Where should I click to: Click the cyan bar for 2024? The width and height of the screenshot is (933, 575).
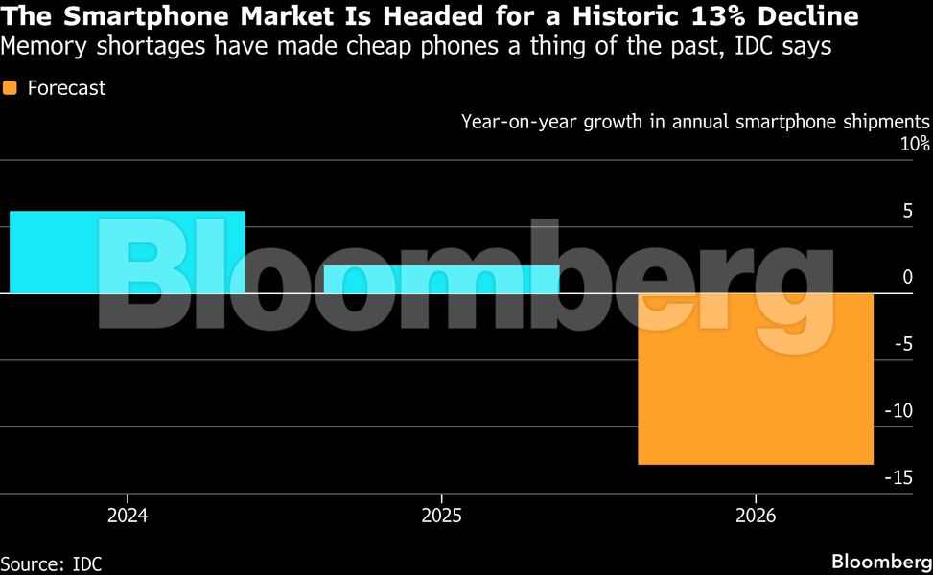point(128,252)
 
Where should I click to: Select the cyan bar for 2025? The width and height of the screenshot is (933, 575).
point(441,279)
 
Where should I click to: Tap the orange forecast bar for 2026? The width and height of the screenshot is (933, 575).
point(756,379)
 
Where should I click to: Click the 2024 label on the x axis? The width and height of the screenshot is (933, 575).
point(128,516)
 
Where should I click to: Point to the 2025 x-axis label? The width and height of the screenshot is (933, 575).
point(441,516)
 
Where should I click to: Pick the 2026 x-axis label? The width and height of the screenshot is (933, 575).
point(756,516)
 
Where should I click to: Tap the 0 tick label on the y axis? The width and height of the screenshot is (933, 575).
point(907,278)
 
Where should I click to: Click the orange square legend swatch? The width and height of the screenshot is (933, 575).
point(11,88)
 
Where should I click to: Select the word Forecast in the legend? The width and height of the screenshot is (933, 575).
point(66,88)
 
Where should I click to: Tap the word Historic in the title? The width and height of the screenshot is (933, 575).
point(632,17)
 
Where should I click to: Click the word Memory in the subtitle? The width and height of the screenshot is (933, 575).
point(39,46)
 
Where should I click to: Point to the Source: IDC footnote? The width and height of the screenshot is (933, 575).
point(52,563)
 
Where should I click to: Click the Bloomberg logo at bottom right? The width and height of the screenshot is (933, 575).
point(879,561)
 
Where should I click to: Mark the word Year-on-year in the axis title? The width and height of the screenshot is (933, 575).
point(513,122)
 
